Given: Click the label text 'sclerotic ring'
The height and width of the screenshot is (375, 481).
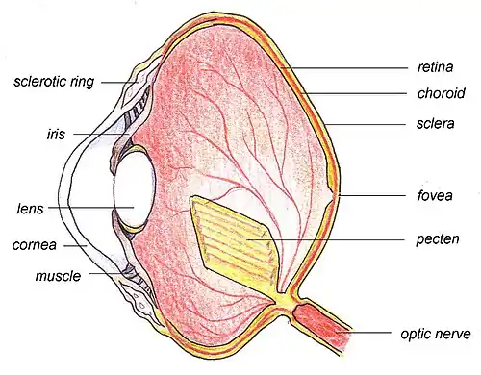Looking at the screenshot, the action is coord(54,82).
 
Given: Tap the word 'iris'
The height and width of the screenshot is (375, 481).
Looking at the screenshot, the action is coord(56,134).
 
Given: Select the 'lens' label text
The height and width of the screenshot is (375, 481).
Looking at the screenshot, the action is coord(30,209).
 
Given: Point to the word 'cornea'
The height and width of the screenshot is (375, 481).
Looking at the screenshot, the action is coord(35,245).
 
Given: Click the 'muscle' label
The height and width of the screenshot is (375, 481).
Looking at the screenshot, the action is coord(58,276).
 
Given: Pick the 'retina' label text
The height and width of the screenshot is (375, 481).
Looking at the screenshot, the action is coord(435,67).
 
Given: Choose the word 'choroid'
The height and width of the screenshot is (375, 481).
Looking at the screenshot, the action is coord(441,93).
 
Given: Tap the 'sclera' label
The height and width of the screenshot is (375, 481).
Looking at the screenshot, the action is coord(435,123).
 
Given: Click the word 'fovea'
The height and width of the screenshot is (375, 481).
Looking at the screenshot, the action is coord(435,195).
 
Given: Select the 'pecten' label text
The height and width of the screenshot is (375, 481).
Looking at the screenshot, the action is coord(438,239).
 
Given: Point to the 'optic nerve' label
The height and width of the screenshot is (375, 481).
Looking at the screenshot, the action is coord(436,334).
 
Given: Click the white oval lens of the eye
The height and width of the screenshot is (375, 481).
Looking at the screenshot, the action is coord(135,189).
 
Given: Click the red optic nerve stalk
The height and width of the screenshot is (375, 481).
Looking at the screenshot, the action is coord(320,325).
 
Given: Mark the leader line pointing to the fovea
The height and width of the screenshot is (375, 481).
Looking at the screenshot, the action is coord(371,195).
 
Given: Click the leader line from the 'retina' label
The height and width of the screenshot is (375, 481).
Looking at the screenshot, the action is coord(344,68).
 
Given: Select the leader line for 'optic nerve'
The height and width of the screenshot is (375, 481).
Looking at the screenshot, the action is coord(365,333).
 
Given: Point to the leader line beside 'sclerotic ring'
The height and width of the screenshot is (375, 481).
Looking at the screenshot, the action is coord(120,83).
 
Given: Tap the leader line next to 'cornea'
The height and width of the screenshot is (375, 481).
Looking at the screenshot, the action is coord(76,246).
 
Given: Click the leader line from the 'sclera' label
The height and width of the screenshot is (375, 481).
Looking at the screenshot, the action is coord(367,124).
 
